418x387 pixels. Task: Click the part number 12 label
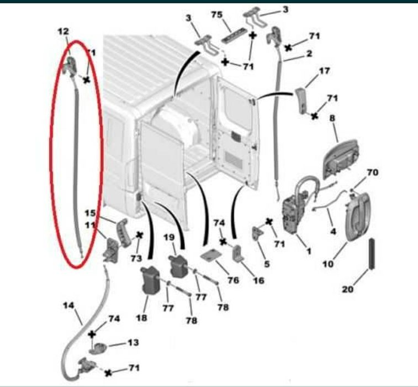pos(63,32)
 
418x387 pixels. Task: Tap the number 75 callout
pos(217,14)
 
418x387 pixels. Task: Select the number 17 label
pos(324,71)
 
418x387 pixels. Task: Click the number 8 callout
pos(332,118)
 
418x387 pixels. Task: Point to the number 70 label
pos(372,172)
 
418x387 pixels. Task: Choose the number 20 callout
pos(348,289)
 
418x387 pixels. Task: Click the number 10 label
pos(328,264)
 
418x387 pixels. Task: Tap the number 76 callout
pos(233,280)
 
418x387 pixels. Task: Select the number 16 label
pos(258,280)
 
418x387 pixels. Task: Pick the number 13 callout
pos(133,342)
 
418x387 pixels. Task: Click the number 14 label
pos(69,305)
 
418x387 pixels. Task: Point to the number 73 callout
pos(136,258)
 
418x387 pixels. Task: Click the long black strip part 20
pos(372,254)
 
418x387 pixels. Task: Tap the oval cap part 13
pos(98,348)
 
